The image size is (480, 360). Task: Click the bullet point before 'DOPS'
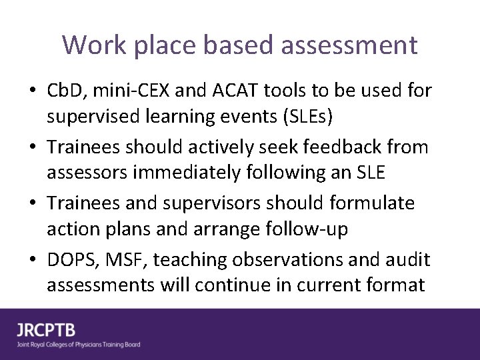(33, 259)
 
